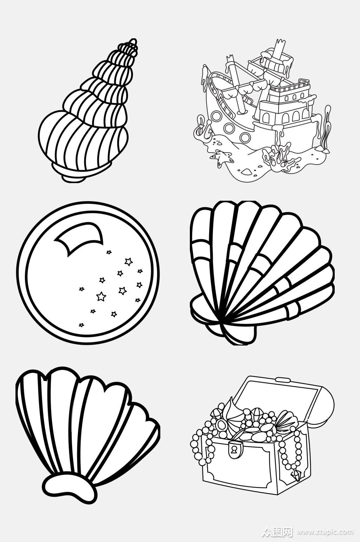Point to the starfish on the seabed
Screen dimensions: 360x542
[x=220, y=157]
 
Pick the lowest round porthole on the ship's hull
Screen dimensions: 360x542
[x=245, y=137]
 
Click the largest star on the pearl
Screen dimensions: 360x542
[x=101, y=296]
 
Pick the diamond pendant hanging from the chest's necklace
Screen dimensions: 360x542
[x=297, y=474]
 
